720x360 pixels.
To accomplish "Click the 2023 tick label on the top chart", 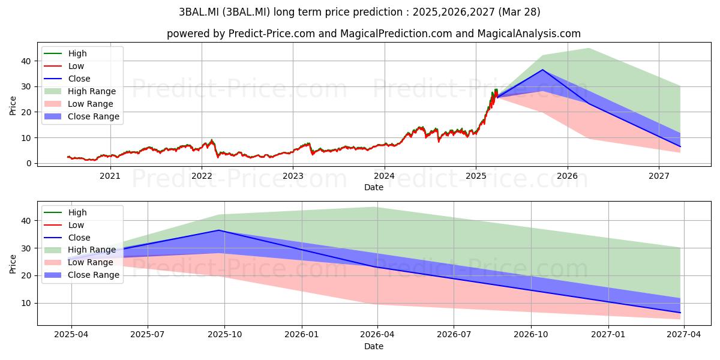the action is [x=293, y=176].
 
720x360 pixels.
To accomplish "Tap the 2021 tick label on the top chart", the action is [x=110, y=176].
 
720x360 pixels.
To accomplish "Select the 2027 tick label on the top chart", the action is [x=659, y=176].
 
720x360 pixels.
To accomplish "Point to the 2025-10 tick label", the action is [x=224, y=335].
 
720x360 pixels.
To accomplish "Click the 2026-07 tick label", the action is [x=454, y=335].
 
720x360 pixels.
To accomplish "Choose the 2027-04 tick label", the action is [x=683, y=335].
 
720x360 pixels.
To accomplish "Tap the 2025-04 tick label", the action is [x=71, y=335].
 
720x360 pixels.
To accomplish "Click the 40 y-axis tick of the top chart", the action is [x=26, y=61].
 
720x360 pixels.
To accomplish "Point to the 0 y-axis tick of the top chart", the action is [x=29, y=163].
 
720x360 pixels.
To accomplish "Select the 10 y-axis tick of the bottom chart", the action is [x=26, y=303].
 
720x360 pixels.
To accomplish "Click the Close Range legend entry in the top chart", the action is [x=82, y=116].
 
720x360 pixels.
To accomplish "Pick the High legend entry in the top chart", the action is [x=65, y=53].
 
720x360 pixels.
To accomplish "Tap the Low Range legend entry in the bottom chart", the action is [x=79, y=262].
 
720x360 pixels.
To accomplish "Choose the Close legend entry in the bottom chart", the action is [x=67, y=238].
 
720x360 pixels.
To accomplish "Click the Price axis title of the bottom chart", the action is [x=13, y=264].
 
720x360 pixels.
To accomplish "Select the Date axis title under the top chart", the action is [x=373, y=187].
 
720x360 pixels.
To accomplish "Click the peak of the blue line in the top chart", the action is [x=542, y=70].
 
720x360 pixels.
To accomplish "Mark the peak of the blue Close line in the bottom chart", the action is [x=219, y=230].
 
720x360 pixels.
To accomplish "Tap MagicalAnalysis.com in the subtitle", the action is [x=529, y=34].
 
